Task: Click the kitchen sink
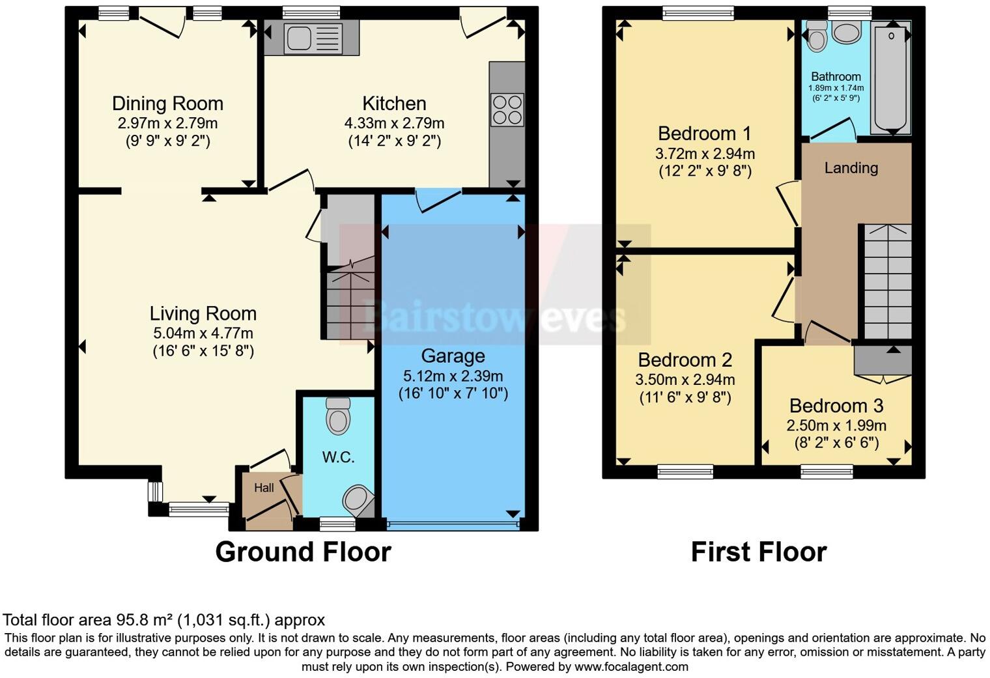(x=311, y=38)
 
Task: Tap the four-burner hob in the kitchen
(x=507, y=109)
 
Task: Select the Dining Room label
(x=167, y=104)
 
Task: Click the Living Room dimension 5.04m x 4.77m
(x=203, y=333)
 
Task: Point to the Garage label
(x=453, y=356)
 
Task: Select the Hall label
(x=264, y=488)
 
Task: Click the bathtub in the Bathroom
(x=890, y=77)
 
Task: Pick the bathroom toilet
(x=816, y=35)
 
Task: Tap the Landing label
(x=851, y=168)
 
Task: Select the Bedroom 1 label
(x=704, y=134)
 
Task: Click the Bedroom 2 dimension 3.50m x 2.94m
(x=685, y=380)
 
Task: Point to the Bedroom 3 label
(x=836, y=406)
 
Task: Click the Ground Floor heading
(x=303, y=552)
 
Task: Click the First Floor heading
(x=758, y=552)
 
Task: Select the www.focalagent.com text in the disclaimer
(x=631, y=667)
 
